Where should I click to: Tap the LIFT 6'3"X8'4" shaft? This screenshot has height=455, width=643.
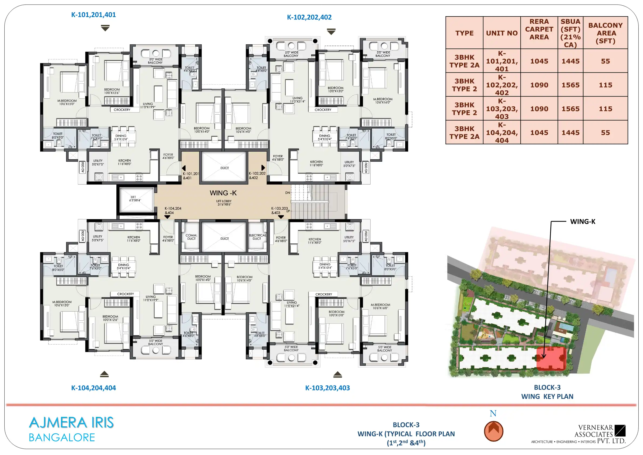[x=136, y=199]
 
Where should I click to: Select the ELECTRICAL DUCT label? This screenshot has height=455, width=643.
[x=257, y=237]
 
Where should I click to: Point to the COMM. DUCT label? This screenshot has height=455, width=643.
[x=191, y=237]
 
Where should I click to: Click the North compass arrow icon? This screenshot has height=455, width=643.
[x=493, y=431]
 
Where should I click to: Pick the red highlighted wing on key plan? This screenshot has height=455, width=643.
[x=551, y=358]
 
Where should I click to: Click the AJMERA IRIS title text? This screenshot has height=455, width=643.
[x=71, y=423]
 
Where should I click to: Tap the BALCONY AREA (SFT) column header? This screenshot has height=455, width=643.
[x=605, y=33]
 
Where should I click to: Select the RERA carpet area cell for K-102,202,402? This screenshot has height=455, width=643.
[x=539, y=85]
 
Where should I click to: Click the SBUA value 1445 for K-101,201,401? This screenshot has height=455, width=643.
[x=570, y=61]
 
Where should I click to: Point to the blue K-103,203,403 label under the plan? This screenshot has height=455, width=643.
[x=327, y=388]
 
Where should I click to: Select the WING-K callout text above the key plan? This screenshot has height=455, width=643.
[x=583, y=222]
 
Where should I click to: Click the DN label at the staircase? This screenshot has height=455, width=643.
[x=287, y=193]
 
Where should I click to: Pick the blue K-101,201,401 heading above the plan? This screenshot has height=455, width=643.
[x=93, y=15]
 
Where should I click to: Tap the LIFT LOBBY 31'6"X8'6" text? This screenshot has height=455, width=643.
[x=224, y=203]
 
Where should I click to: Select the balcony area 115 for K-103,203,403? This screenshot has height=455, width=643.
[x=605, y=109]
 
